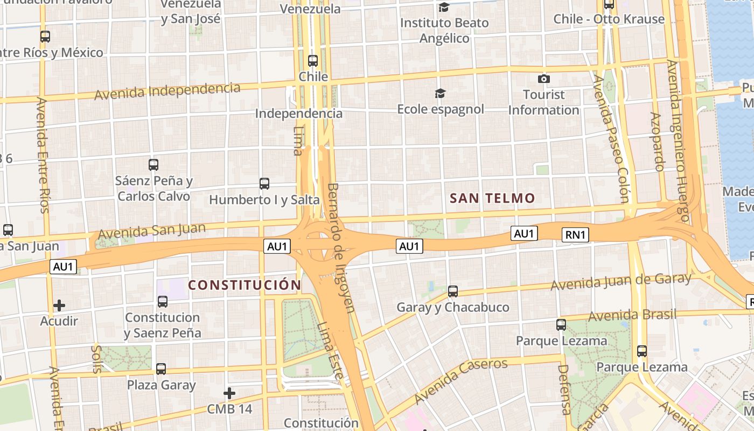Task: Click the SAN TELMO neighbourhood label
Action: click(x=492, y=198)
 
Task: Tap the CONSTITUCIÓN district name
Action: click(x=245, y=284)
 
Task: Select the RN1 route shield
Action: click(x=576, y=234)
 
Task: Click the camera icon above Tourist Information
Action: click(x=544, y=79)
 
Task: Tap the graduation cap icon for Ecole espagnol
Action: click(x=441, y=94)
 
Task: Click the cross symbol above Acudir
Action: click(x=59, y=305)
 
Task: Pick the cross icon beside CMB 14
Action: click(x=229, y=393)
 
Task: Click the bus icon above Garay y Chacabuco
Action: click(x=453, y=291)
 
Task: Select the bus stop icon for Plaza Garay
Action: click(x=161, y=369)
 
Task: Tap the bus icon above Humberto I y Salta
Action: click(x=264, y=184)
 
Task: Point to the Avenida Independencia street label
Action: click(x=167, y=91)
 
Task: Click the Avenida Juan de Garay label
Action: click(x=620, y=281)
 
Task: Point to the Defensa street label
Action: click(x=564, y=389)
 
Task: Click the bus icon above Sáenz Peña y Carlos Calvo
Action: click(x=153, y=165)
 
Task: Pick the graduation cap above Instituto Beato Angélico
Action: click(x=444, y=7)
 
